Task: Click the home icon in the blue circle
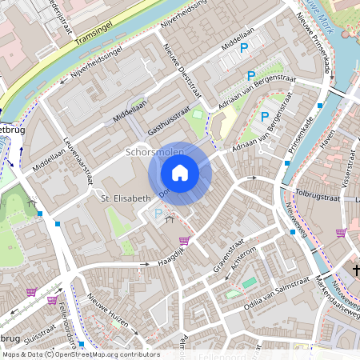coord(180,173)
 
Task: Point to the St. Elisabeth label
coord(124,198)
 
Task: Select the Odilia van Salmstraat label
coord(277,288)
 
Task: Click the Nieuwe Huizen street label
coord(108,312)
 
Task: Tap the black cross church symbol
coord(356,272)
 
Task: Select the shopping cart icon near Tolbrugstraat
coord(341,233)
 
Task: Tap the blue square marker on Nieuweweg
coord(292,232)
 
